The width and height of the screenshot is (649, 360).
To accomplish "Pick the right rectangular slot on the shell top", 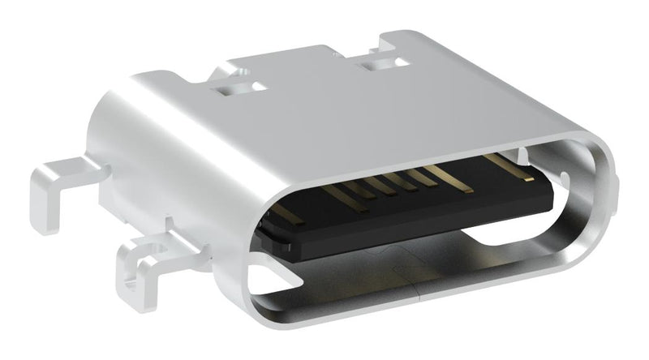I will tap(375, 61).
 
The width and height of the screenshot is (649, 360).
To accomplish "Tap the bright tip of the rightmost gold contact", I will tap(528, 178).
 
